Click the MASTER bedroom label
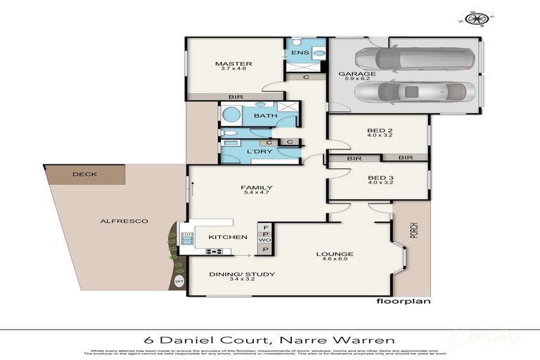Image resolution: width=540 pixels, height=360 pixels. coord(233,65)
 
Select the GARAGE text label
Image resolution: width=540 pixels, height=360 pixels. coord(356,74)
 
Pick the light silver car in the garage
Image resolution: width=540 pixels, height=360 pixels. coord(415,91)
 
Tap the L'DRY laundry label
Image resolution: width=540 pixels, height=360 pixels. coord(239,151)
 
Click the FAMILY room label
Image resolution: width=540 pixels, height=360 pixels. coord(256,188)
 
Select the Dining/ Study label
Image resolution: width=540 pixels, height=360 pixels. coord(233,274)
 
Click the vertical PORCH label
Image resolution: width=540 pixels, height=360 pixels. coord(413,234)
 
